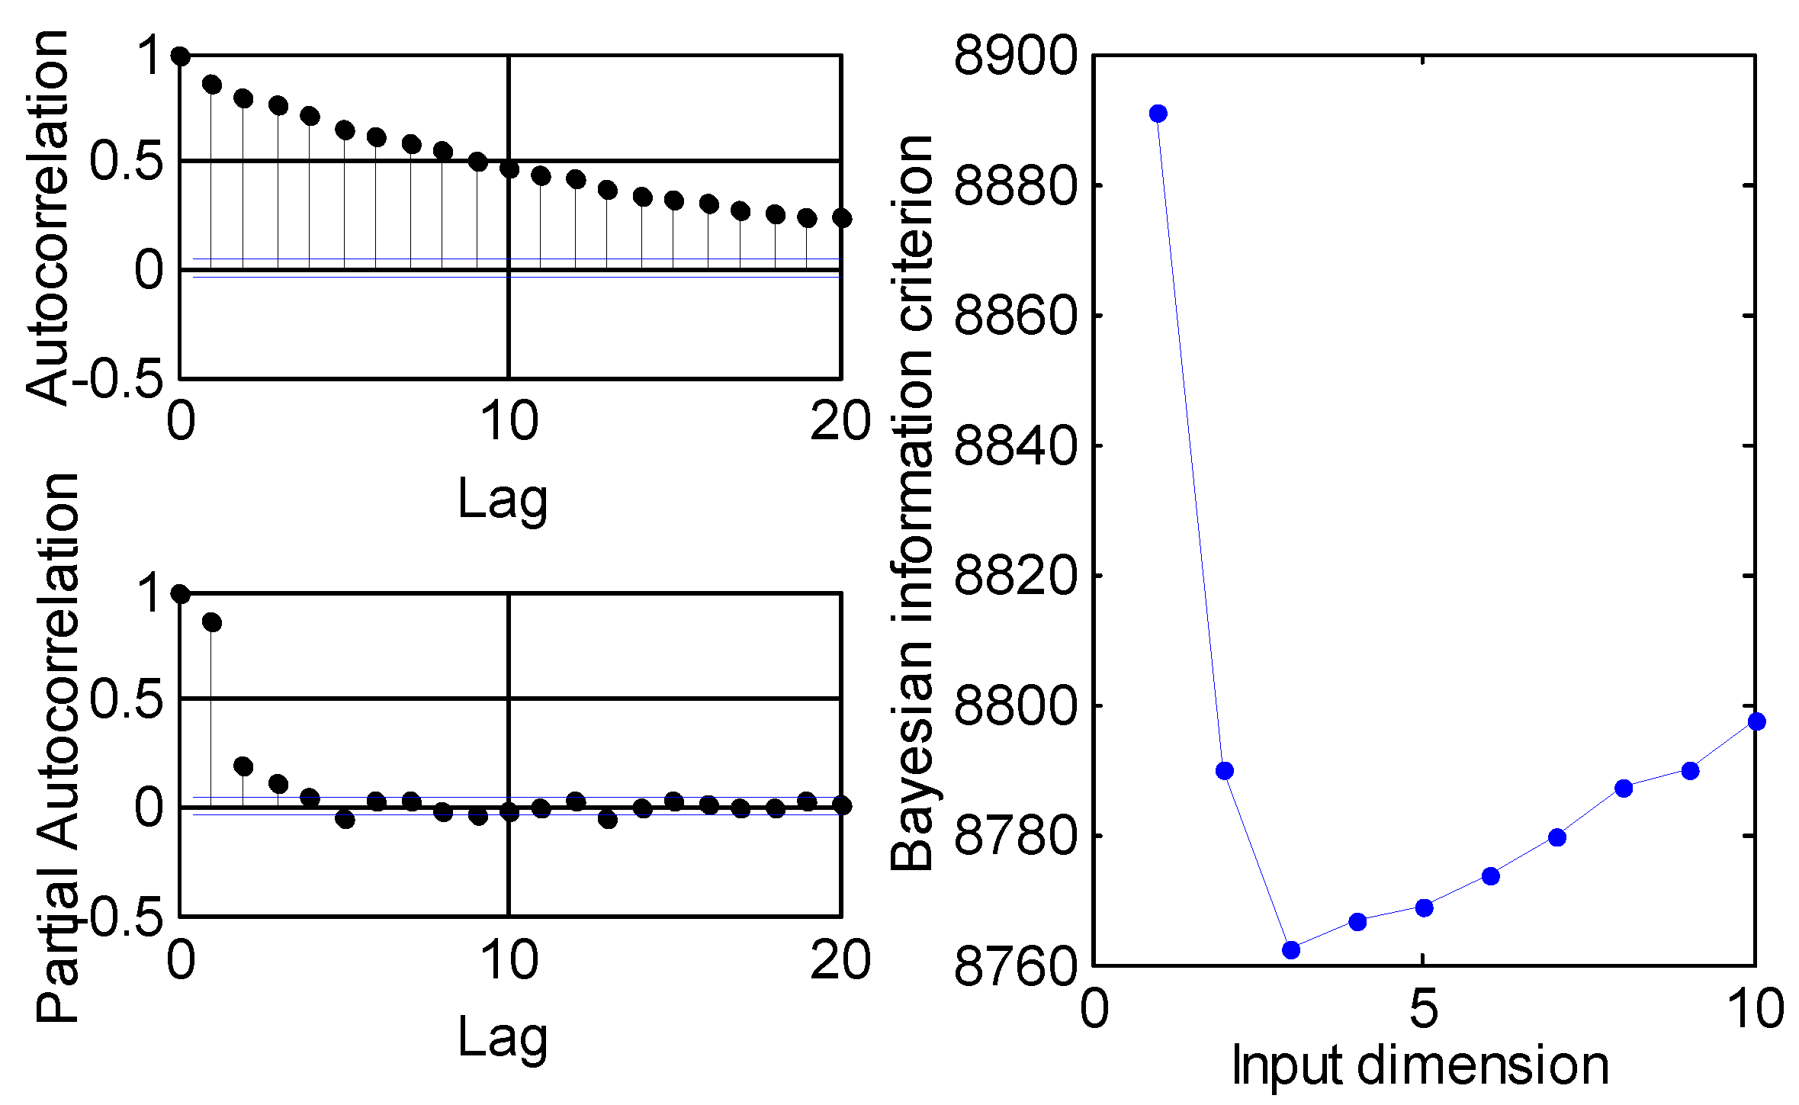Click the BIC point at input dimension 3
pyautogui.click(x=1290, y=949)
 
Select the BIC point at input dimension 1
pyautogui.click(x=1158, y=114)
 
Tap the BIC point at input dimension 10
pyautogui.click(x=1756, y=721)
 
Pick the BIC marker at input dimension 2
pyautogui.click(x=1224, y=771)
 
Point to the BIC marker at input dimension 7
pyautogui.click(x=1557, y=837)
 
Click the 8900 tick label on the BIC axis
pyautogui.click(x=1016, y=56)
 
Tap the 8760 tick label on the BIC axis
pyautogui.click(x=1016, y=966)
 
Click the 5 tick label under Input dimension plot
pyautogui.click(x=1423, y=1008)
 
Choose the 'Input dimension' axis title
pyautogui.click(x=1420, y=1065)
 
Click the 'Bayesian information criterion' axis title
pyautogui.click(x=911, y=503)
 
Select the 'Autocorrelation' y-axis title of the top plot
pyautogui.click(x=47, y=217)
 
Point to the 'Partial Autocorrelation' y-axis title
pyautogui.click(x=57, y=747)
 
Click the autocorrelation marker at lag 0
pyautogui.click(x=181, y=56)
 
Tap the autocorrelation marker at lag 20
pyautogui.click(x=841, y=218)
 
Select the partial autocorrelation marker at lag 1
pyautogui.click(x=212, y=623)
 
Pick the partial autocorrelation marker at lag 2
pyautogui.click(x=243, y=766)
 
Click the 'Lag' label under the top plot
pyautogui.click(x=503, y=499)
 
